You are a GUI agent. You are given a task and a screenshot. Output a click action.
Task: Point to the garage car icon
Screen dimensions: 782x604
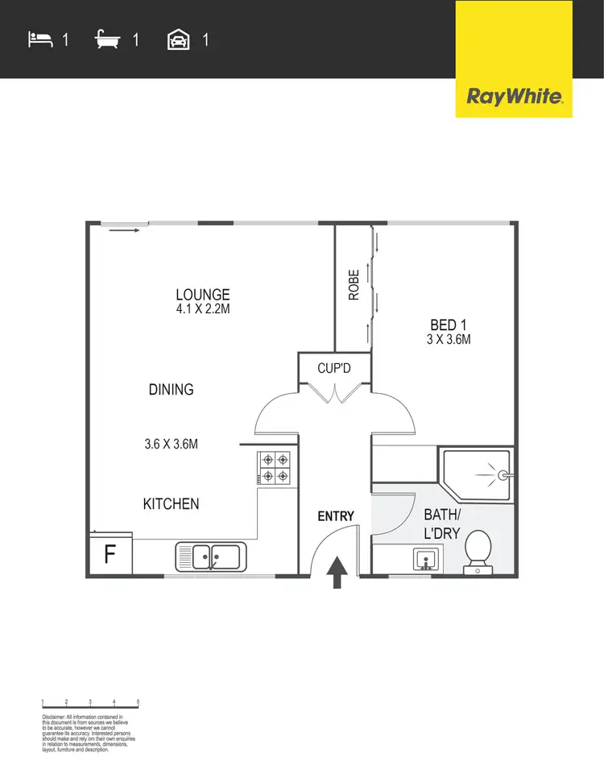178,39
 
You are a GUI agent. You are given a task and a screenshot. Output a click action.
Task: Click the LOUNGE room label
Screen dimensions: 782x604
203,295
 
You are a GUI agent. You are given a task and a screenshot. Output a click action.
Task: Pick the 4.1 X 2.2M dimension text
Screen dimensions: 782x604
203,309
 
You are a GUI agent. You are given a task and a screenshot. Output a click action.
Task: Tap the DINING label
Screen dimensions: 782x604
171,390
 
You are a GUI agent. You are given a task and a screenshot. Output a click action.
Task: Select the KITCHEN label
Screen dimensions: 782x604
171,504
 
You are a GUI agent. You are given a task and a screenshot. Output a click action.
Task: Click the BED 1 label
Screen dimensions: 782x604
448,325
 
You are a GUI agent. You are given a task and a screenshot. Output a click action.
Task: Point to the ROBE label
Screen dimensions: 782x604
354,284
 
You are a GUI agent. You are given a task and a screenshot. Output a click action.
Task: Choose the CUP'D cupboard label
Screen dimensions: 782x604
333,370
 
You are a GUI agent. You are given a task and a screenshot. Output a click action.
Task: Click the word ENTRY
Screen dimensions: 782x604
336,516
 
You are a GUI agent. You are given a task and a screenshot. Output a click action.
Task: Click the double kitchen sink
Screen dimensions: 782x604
211,556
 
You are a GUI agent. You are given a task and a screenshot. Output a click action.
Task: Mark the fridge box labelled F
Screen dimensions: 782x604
109,556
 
